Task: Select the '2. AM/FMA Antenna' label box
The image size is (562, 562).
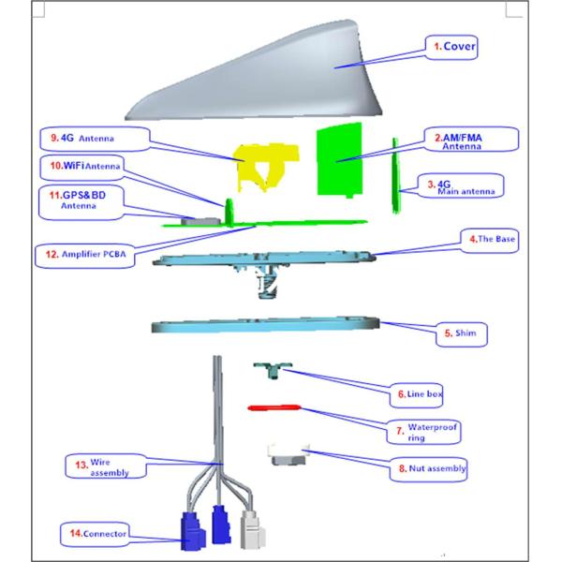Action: (x=458, y=141)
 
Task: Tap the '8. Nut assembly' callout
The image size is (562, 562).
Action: (x=432, y=466)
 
